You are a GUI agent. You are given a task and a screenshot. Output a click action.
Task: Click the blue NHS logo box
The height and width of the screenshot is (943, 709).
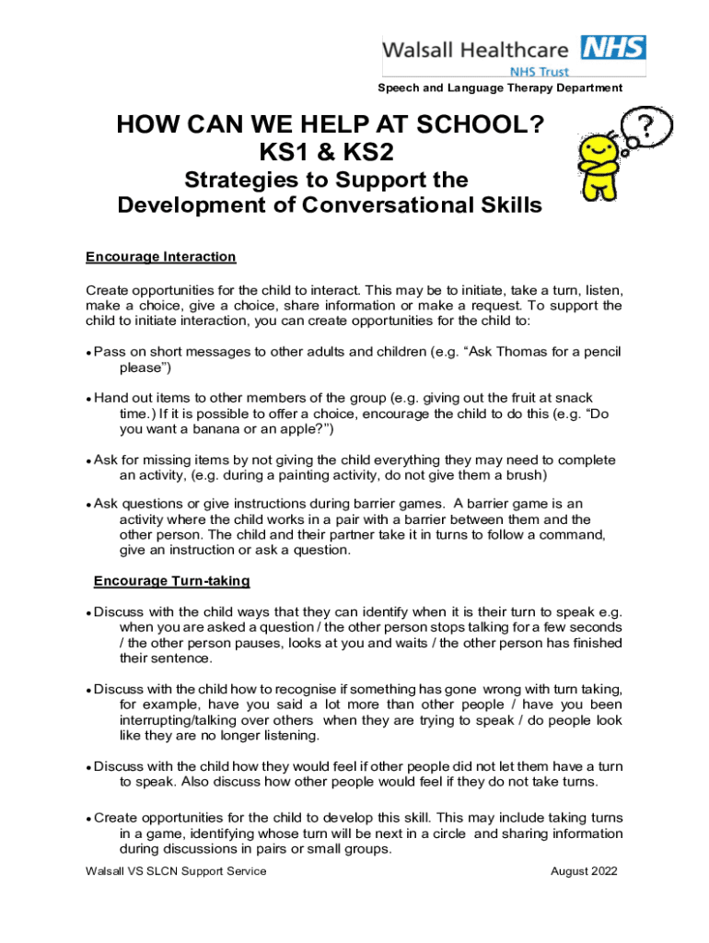coord(614,47)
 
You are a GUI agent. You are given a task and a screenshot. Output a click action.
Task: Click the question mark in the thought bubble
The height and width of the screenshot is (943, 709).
coord(648,127)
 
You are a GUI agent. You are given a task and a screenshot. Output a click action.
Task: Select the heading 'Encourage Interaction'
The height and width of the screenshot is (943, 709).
coord(161,257)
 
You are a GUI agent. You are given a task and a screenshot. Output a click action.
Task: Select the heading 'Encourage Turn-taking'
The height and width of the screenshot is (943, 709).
coord(172,581)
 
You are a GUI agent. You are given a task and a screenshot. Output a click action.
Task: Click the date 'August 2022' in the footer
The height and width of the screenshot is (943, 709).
coord(584,871)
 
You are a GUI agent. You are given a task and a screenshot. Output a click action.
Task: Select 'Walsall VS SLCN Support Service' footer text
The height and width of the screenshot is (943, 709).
coord(176,871)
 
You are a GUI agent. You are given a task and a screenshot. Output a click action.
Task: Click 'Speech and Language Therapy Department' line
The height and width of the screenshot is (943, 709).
coord(500,88)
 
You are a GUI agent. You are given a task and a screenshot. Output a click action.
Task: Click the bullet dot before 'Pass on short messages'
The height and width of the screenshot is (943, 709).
coord(88,353)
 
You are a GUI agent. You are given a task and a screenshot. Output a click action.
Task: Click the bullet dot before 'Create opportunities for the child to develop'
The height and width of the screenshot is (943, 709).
coord(88,819)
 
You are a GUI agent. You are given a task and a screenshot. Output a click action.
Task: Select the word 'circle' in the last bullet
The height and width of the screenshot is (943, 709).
coord(448,833)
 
